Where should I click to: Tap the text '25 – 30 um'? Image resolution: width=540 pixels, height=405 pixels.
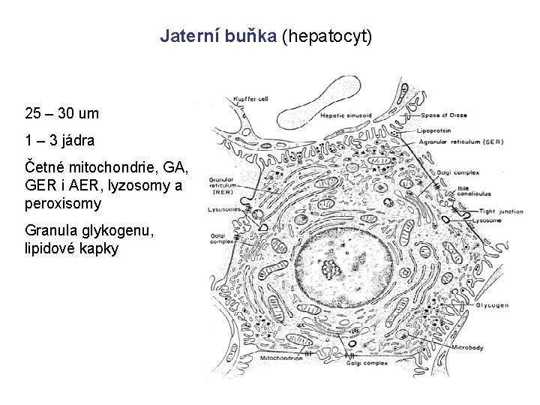[x=61, y=114]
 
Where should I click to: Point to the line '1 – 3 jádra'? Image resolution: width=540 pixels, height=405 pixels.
[x=59, y=139]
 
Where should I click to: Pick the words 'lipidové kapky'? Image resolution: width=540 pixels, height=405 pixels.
[x=71, y=248]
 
